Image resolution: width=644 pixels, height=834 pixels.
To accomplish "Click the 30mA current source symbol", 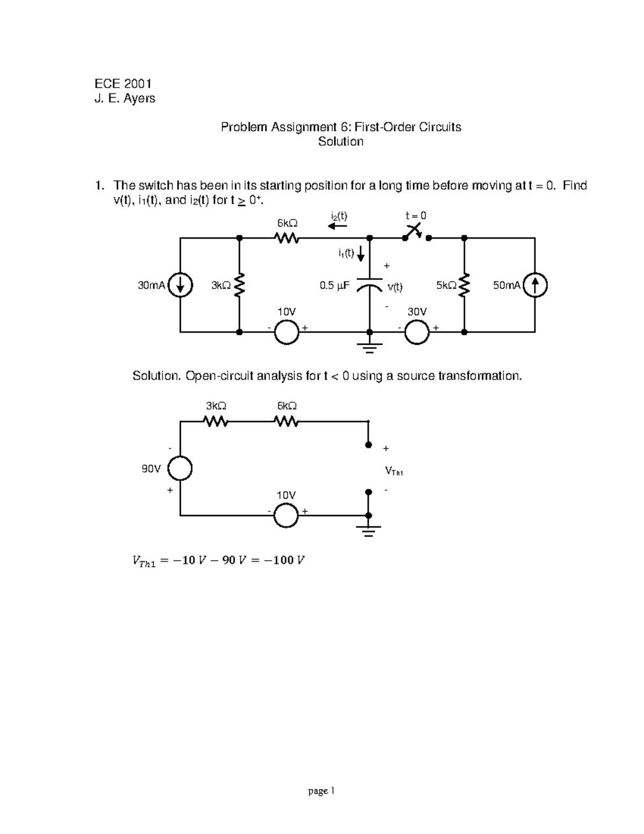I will [x=181, y=286].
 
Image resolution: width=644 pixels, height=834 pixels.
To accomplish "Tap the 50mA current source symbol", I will [x=535, y=286].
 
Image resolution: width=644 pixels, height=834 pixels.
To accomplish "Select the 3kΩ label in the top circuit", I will [x=221, y=286].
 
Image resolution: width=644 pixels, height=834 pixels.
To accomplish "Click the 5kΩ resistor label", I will [x=446, y=286].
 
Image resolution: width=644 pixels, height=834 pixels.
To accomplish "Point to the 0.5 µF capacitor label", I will [x=334, y=286].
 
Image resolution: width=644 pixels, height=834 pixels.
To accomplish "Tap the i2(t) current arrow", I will [x=338, y=226].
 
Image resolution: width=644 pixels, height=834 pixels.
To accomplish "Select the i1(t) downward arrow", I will [x=361, y=252].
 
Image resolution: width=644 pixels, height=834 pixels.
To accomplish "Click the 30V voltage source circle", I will [x=417, y=332].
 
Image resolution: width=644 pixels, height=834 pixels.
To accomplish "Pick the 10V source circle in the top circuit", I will [x=286, y=332].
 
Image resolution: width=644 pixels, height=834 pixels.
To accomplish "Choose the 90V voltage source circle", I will [x=180, y=469].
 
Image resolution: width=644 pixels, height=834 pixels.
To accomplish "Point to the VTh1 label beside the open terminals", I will [x=394, y=472].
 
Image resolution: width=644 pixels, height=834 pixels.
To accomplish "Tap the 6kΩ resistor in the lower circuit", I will [x=287, y=422].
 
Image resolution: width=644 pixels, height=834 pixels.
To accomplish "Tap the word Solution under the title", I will [x=341, y=141].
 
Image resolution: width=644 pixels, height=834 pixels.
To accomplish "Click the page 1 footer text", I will [x=321, y=791].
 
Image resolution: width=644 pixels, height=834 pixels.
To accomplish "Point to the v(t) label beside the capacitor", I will [x=395, y=287].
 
